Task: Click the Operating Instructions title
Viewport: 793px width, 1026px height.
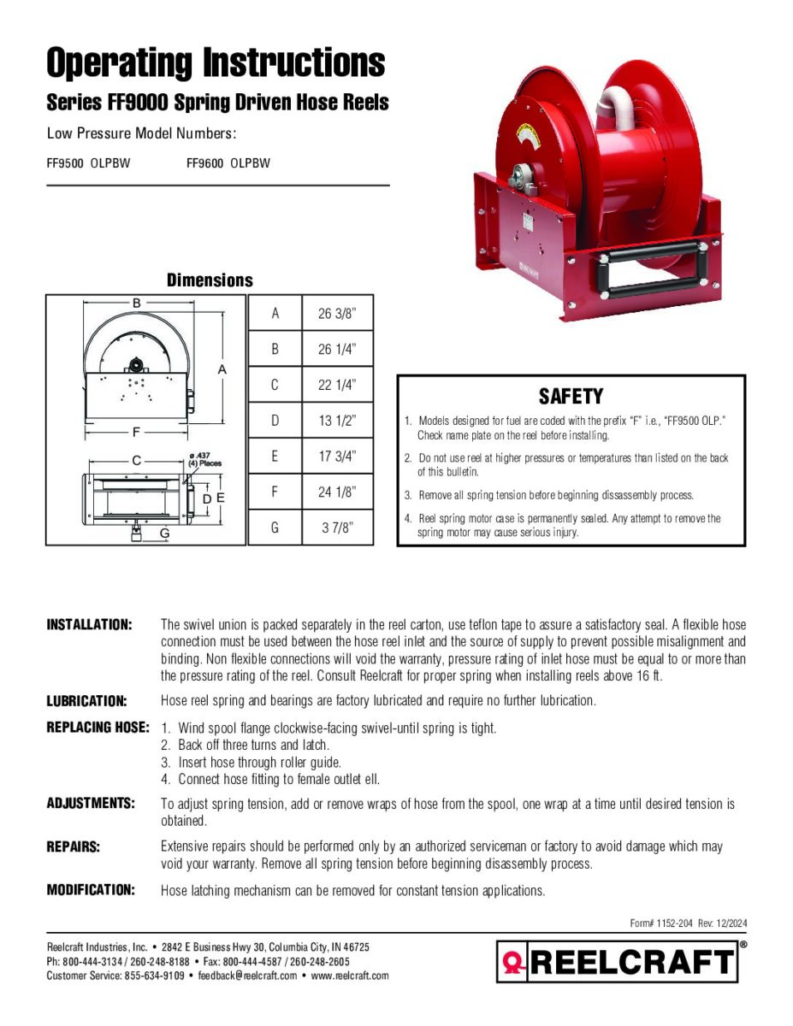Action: point(216,63)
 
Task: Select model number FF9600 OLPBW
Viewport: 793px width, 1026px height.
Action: point(228,163)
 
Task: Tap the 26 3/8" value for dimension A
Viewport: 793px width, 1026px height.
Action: point(337,314)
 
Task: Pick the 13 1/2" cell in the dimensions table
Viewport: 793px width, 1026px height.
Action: point(337,421)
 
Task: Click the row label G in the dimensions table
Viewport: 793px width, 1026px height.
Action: point(275,528)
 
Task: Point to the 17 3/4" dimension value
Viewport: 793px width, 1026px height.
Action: point(337,457)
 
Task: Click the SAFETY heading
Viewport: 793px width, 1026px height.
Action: point(571,397)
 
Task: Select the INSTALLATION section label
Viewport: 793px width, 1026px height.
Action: point(89,625)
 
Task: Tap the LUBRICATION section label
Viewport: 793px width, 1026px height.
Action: point(86,701)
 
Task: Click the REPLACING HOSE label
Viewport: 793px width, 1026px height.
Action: point(98,728)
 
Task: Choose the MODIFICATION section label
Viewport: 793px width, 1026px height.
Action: point(91,890)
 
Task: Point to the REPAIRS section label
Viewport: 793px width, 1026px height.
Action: point(74,846)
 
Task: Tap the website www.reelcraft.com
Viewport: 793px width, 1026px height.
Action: point(350,976)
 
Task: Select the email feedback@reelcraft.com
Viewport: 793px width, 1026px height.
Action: point(247,976)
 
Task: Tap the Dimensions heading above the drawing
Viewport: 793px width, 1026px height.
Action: point(210,280)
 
